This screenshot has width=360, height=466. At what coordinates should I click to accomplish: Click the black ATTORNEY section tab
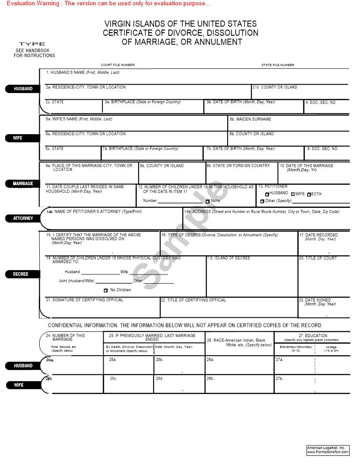[23, 218]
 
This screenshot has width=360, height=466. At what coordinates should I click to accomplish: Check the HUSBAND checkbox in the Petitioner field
[267, 194]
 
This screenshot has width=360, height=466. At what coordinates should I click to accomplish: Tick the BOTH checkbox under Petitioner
[309, 194]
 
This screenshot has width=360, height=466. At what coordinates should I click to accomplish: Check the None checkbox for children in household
[208, 201]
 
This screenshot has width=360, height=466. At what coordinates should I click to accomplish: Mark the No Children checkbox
[105, 290]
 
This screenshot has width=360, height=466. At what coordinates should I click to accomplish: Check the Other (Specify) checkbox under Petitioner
[262, 201]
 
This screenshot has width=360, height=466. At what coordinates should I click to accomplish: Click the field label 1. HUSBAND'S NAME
[82, 72]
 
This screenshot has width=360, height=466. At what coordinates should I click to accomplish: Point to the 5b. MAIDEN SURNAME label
[250, 119]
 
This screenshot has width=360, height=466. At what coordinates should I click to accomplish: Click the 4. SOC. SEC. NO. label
[321, 102]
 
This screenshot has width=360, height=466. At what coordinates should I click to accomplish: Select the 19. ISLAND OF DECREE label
[228, 258]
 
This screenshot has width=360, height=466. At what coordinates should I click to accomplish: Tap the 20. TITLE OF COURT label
[317, 258]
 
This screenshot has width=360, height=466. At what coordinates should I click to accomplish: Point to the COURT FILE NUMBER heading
[118, 65]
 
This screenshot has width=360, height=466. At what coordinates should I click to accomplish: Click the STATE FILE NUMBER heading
[277, 65]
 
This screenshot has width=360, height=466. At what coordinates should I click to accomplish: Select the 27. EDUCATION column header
[313, 336]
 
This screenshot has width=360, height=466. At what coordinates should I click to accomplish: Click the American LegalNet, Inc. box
[328, 450]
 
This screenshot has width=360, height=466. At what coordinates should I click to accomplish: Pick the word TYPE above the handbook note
[32, 44]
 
